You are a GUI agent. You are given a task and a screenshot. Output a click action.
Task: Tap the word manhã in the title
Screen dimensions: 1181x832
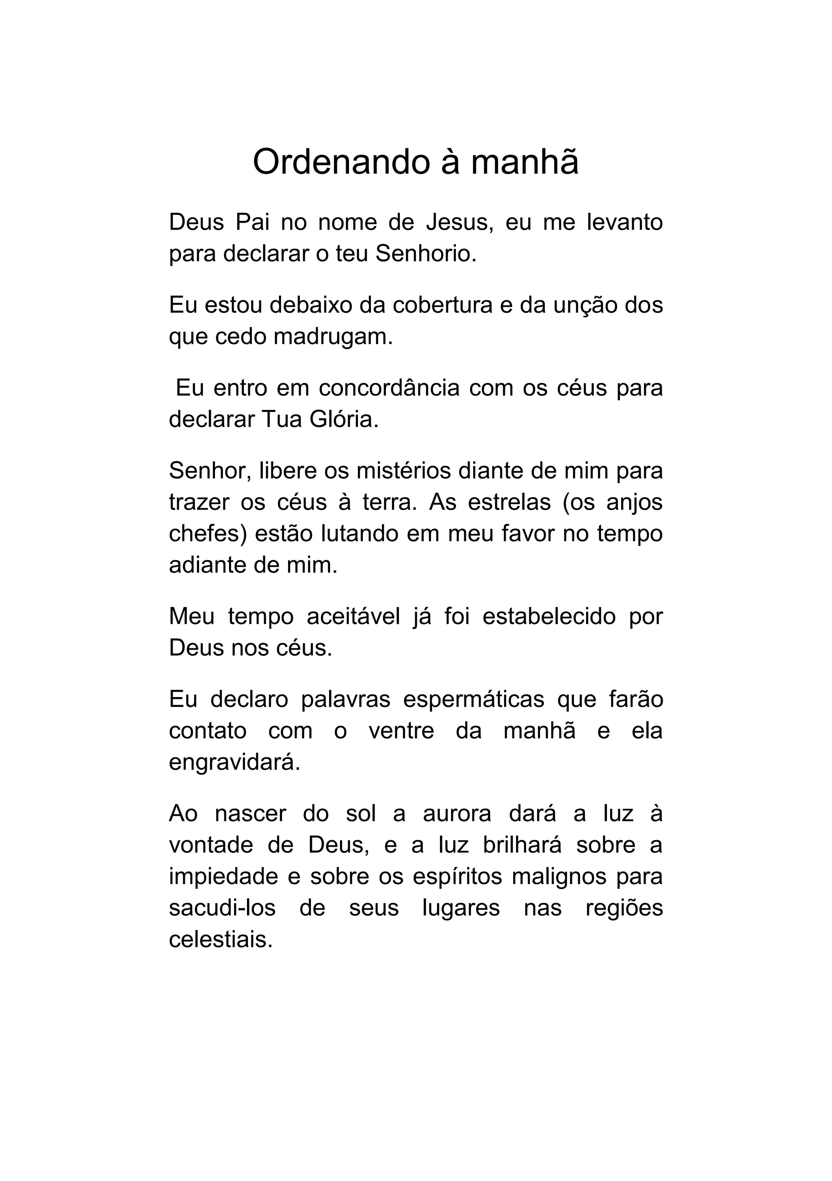coord(524,163)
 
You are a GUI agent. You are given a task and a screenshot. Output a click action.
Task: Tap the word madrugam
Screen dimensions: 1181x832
coord(333,338)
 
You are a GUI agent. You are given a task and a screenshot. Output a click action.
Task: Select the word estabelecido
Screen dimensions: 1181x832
coord(549,617)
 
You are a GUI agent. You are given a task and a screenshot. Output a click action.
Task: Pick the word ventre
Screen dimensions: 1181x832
coord(401,731)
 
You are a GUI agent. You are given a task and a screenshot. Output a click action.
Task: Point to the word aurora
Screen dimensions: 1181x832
coord(457,814)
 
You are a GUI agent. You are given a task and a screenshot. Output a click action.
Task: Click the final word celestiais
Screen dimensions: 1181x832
coord(220,940)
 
